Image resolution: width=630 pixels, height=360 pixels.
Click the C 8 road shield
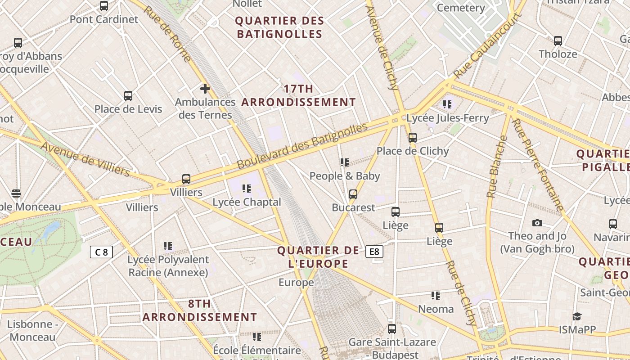(101, 252)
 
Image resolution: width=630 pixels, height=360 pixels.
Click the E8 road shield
(374, 252)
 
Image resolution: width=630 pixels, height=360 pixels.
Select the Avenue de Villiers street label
(85, 160)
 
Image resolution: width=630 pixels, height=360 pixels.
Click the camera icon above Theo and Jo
(537, 223)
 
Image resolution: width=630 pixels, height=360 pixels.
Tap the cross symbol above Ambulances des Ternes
(205, 88)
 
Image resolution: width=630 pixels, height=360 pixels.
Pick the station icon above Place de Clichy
(413, 138)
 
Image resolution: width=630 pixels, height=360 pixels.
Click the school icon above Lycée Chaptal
(247, 188)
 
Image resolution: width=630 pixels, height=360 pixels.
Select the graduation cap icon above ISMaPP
(577, 316)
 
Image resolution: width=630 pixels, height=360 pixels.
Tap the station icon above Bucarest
(353, 194)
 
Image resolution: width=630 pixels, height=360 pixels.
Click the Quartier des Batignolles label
(279, 27)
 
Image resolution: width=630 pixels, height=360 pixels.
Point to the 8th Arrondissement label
(200, 310)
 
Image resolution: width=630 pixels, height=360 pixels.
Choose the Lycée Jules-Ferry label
(447, 118)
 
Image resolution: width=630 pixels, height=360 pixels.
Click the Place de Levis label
(128, 109)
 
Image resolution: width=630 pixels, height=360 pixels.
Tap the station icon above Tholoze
(558, 40)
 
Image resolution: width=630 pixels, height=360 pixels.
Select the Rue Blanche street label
(497, 166)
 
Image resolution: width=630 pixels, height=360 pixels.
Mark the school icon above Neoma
(436, 296)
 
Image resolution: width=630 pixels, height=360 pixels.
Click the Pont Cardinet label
(104, 19)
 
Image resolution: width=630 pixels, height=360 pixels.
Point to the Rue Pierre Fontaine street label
(538, 165)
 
